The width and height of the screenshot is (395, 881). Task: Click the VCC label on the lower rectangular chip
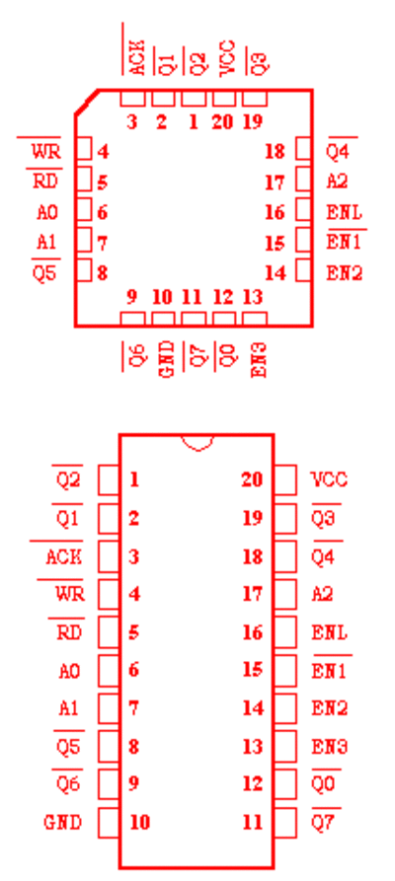(329, 479)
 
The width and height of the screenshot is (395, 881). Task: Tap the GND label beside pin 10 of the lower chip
(62, 823)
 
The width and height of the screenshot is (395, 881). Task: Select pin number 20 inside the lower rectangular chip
(252, 479)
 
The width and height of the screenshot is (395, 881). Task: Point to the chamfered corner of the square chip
(87, 102)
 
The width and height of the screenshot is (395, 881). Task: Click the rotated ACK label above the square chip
(137, 57)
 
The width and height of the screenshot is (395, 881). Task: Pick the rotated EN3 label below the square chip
(259, 359)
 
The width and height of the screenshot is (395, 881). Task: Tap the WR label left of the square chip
(46, 152)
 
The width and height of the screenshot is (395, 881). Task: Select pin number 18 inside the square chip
(276, 151)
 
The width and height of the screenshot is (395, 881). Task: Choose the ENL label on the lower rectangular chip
(330, 633)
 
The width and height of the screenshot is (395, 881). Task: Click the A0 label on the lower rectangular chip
(69, 671)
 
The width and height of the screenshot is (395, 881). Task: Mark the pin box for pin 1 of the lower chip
(109, 479)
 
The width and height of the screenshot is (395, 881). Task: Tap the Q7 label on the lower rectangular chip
(324, 823)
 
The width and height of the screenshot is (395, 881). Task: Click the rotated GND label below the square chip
(168, 359)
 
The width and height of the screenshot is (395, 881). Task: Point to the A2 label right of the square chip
(337, 182)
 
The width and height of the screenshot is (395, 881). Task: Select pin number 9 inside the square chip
(131, 297)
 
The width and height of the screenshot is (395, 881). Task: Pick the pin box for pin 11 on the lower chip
(284, 823)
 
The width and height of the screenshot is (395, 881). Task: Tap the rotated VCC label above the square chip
(227, 57)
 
